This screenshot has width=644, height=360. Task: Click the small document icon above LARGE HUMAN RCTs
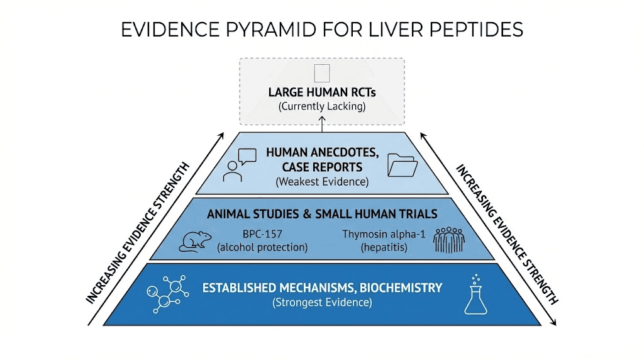click(x=322, y=72)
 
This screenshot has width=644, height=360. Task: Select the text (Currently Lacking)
click(x=322, y=106)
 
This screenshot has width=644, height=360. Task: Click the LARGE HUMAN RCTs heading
click(x=322, y=92)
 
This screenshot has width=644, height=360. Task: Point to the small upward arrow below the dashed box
click(x=322, y=125)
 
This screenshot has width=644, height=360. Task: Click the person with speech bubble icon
click(x=236, y=166)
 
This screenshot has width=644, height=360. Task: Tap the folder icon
click(x=402, y=167)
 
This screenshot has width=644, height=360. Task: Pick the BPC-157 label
click(x=262, y=234)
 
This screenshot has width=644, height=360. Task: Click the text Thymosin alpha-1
click(x=384, y=234)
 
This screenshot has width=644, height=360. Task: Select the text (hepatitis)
click(x=384, y=247)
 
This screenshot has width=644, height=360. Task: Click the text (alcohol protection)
click(x=262, y=247)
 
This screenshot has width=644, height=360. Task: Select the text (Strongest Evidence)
click(x=322, y=303)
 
